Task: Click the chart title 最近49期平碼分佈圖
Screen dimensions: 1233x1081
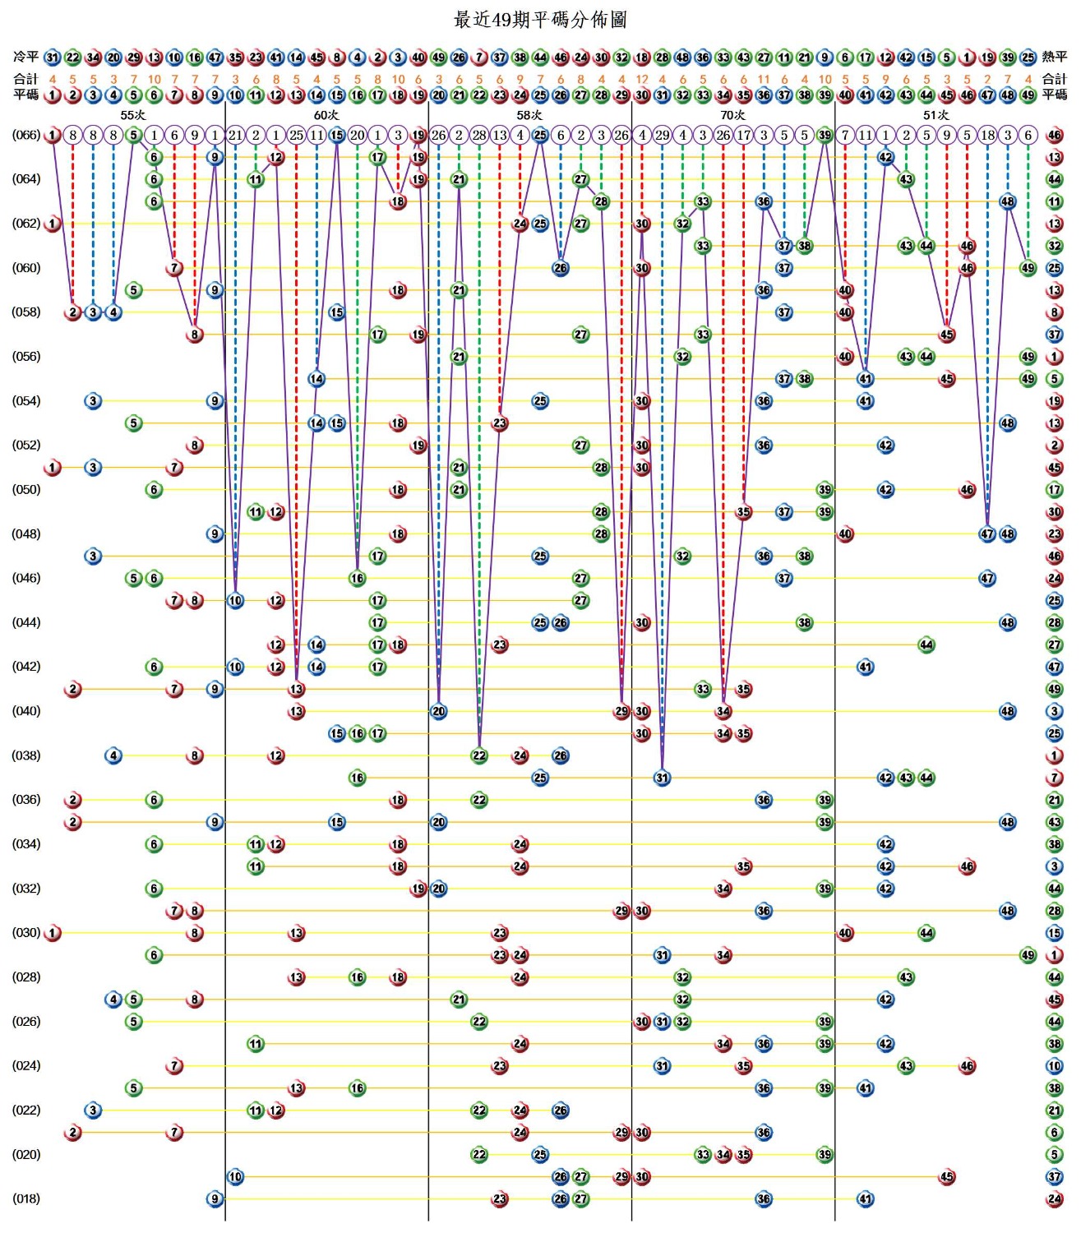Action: point(540,18)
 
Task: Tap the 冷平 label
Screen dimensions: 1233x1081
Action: point(25,57)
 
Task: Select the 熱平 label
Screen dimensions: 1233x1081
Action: point(1055,57)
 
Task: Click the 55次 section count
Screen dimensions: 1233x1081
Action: point(132,115)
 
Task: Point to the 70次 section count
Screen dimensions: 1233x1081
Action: point(732,115)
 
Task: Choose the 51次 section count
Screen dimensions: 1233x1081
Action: point(935,115)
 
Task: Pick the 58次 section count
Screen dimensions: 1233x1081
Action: point(529,115)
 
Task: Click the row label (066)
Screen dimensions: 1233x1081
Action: point(25,135)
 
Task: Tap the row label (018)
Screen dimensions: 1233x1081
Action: point(25,1198)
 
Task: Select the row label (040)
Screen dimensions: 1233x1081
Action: point(25,711)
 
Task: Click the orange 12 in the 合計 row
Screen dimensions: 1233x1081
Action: point(642,80)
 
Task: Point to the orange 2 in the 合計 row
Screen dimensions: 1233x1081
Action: point(987,80)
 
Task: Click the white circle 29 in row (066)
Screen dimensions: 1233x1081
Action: point(662,135)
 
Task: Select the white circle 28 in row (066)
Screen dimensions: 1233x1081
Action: point(479,135)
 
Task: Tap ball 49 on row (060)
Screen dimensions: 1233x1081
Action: point(1028,268)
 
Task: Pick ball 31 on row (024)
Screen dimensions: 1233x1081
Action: point(662,1066)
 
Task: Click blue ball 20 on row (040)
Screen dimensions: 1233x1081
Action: point(438,711)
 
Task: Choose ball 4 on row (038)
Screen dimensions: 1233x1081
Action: point(113,755)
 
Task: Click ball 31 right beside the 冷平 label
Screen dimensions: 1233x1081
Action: point(52,58)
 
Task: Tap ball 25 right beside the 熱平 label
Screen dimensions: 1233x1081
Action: point(1028,58)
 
